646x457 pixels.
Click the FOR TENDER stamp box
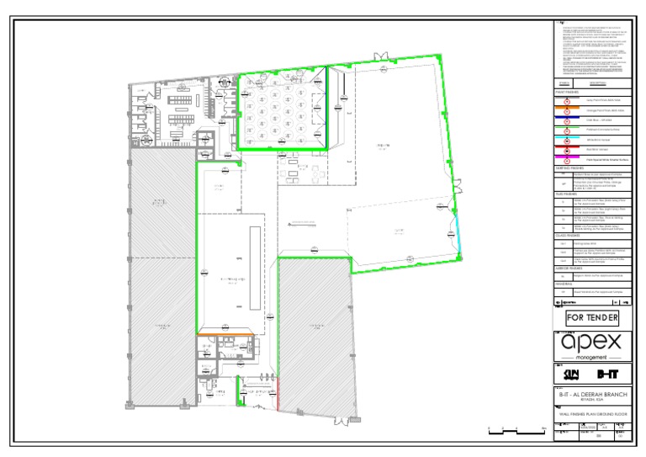coord(592,318)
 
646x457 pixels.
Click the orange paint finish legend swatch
coord(566,108)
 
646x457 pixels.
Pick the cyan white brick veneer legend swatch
coord(566,137)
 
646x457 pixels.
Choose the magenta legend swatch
coord(566,157)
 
